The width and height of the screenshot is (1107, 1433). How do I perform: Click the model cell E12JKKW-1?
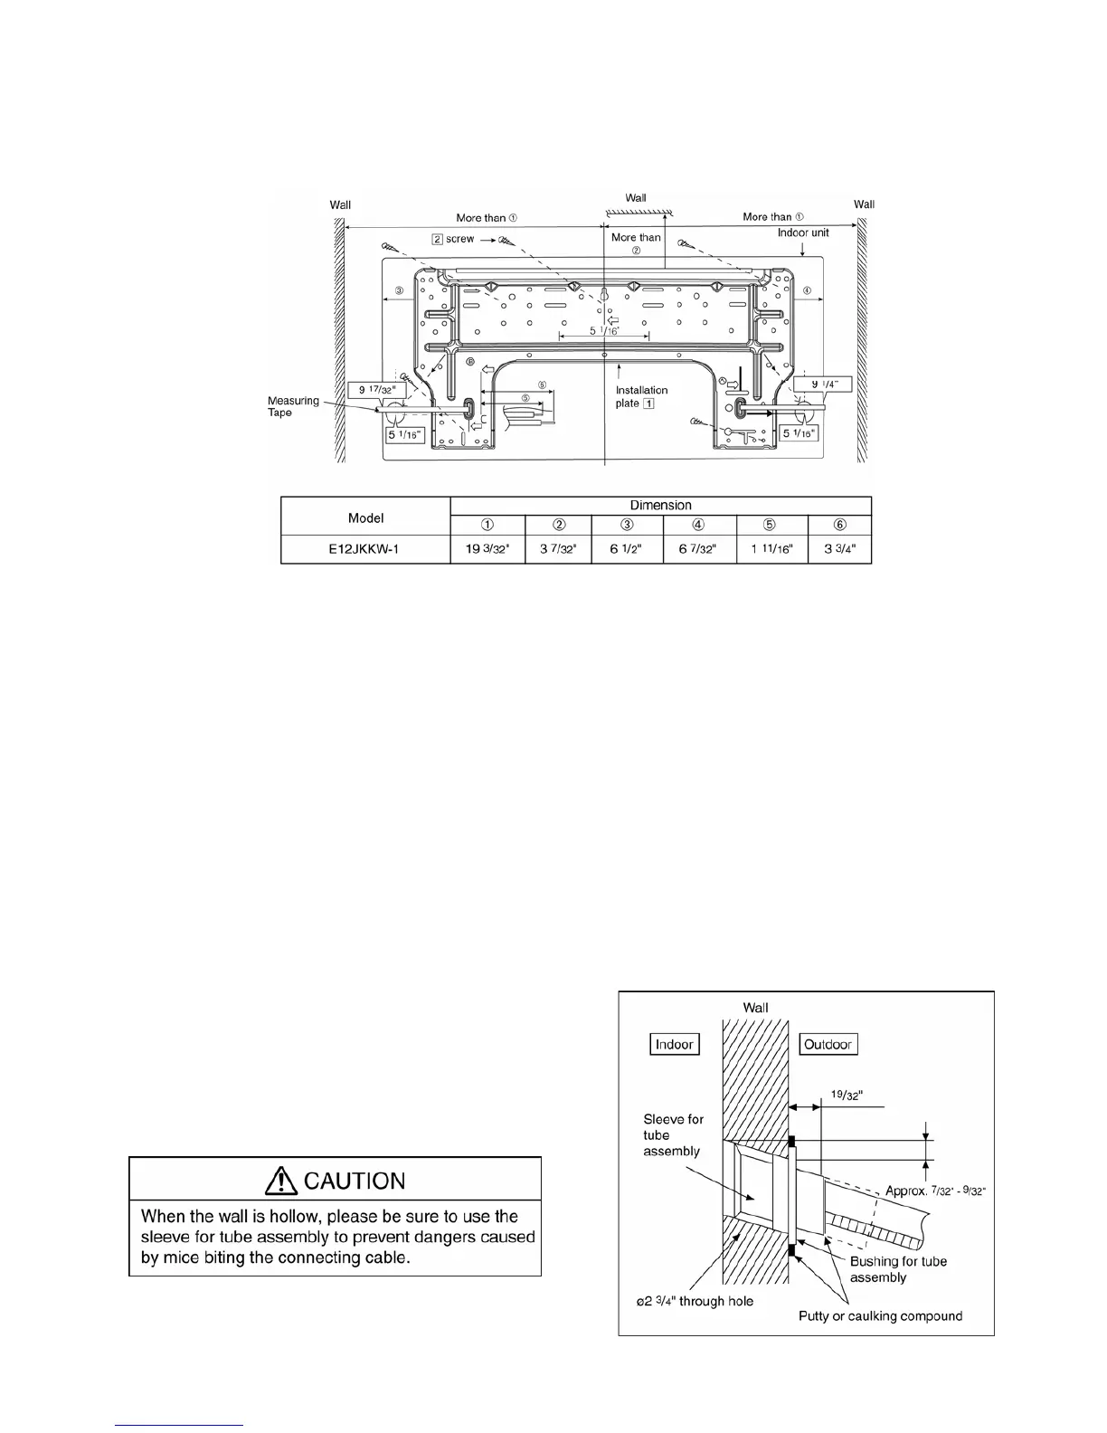[364, 549]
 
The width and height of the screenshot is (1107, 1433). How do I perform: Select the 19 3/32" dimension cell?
[487, 549]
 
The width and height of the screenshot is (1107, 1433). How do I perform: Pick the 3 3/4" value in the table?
[839, 549]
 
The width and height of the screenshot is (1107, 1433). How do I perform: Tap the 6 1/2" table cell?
[627, 549]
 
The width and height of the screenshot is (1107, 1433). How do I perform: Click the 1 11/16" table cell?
[771, 549]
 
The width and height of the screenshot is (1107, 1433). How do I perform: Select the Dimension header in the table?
[660, 506]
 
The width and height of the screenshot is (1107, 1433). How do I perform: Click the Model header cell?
[365, 517]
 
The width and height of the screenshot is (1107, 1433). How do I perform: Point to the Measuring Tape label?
[293, 406]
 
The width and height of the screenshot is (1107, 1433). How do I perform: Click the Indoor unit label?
[803, 233]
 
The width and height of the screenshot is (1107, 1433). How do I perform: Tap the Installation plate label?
[641, 396]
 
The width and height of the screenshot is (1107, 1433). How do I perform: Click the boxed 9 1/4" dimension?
[823, 384]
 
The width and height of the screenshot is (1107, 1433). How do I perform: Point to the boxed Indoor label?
[674, 1044]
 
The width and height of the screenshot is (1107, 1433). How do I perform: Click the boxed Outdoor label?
[828, 1044]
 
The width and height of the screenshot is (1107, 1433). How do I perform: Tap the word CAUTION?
[355, 1181]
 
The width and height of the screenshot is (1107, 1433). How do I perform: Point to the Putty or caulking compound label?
[880, 1315]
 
